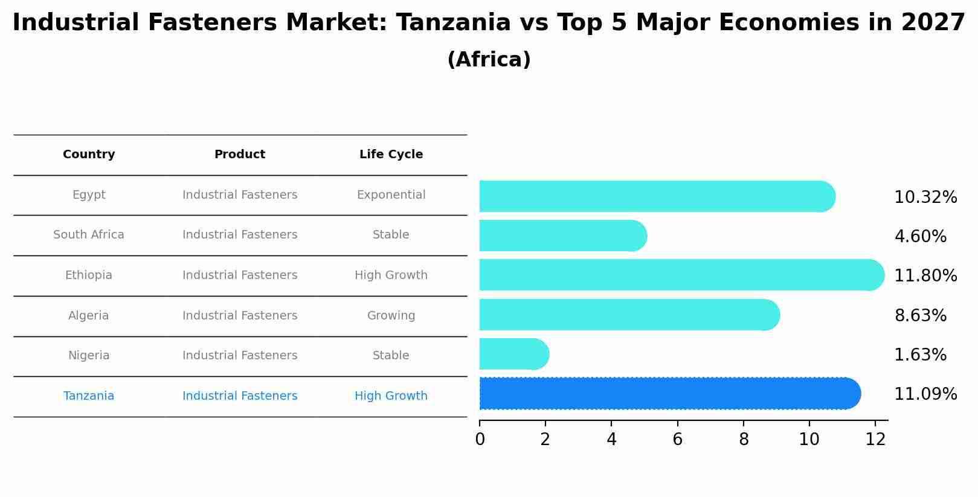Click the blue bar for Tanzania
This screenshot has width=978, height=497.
(669, 394)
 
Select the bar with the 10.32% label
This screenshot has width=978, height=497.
(657, 196)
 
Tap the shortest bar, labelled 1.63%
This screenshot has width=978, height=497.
(513, 354)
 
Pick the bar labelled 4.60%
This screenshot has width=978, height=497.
(562, 236)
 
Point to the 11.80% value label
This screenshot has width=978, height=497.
(925, 276)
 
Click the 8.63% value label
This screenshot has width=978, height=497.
(920, 316)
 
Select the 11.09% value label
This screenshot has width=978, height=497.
(925, 394)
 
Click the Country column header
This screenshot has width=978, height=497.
(89, 155)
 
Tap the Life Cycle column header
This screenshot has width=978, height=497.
(391, 155)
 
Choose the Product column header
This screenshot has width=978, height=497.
(240, 155)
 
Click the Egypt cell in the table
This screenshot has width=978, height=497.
(89, 195)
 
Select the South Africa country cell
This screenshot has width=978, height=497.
(89, 235)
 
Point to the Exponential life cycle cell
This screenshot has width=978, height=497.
(391, 195)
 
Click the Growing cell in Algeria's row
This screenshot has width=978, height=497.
(391, 316)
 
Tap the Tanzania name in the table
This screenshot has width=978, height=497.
(89, 396)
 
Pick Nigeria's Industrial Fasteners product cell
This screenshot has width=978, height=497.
(240, 356)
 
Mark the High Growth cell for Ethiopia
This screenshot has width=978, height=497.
(391, 275)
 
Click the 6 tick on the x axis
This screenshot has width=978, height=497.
(677, 440)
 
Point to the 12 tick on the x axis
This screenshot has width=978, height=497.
(875, 440)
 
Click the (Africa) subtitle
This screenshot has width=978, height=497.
(489, 60)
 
